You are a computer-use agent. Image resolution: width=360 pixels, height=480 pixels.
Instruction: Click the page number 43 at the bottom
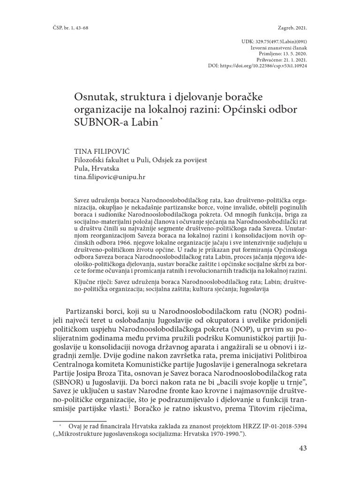tap(302, 449)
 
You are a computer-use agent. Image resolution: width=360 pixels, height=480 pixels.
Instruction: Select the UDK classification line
tap(273, 42)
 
